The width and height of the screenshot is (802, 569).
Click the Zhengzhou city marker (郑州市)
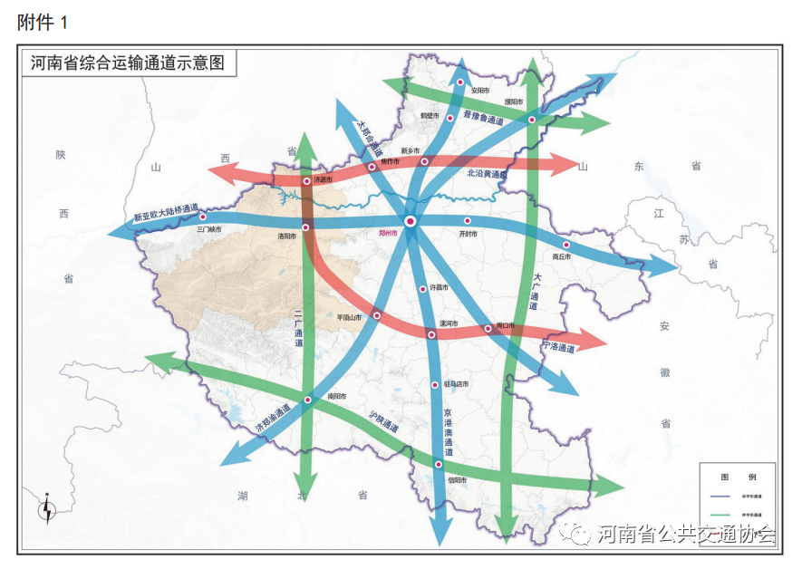point(410,221)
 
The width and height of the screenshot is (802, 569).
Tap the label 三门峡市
point(208,230)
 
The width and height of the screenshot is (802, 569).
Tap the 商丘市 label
point(562,256)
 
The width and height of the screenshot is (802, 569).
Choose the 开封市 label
point(468,234)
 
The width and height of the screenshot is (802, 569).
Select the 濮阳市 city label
point(514,102)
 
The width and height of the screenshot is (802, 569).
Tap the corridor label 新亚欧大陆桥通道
point(165,214)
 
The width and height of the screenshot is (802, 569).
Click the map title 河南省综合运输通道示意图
point(126,63)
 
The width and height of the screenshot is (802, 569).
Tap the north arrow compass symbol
point(46,510)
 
